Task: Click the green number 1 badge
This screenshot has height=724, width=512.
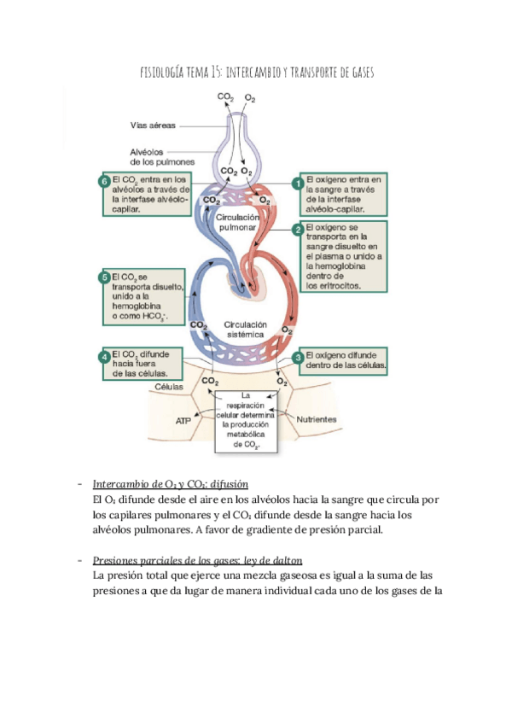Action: click(298, 183)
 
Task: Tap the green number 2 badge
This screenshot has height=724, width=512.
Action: click(298, 230)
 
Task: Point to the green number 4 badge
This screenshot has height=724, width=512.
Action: click(104, 356)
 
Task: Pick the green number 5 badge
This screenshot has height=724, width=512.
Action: click(104, 277)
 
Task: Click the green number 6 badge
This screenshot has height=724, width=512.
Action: click(104, 182)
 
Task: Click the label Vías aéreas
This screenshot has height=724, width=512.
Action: click(153, 126)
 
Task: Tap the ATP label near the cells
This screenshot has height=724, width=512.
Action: click(183, 421)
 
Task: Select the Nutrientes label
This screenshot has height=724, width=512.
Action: click(316, 420)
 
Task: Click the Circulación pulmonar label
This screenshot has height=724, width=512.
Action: click(243, 224)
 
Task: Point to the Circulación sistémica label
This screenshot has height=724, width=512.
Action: click(246, 330)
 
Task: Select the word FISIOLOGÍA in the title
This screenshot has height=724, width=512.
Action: click(165, 74)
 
